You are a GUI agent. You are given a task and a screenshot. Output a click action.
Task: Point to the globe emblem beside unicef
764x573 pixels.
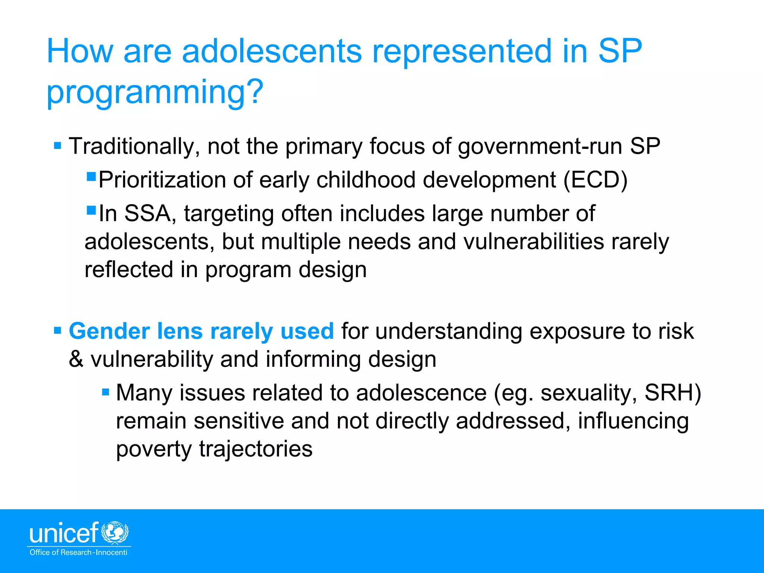[x=116, y=533]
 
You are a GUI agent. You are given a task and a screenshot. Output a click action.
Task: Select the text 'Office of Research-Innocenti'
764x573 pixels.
[x=78, y=552]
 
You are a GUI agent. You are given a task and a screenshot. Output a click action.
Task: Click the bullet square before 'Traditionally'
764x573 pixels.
[x=57, y=145]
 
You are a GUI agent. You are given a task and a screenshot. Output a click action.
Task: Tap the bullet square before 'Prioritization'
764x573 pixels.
[x=91, y=176]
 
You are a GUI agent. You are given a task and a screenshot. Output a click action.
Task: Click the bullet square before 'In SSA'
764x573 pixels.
[x=91, y=210]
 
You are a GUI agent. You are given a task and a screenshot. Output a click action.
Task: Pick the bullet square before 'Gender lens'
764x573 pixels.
[x=57, y=331]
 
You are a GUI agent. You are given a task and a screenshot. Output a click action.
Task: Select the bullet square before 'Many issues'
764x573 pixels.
[x=106, y=392]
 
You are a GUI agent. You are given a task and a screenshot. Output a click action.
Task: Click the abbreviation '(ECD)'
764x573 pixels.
[x=595, y=180]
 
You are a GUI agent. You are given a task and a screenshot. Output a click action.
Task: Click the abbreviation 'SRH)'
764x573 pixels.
[x=673, y=393]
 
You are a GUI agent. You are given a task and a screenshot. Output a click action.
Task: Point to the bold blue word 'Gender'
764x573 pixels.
[x=109, y=331]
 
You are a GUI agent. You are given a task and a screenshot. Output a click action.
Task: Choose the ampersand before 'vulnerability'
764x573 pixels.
[x=76, y=359]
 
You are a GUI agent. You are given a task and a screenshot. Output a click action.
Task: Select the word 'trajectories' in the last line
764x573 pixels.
[x=256, y=449]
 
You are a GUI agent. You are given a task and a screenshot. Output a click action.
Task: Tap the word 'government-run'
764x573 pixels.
[x=540, y=146]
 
